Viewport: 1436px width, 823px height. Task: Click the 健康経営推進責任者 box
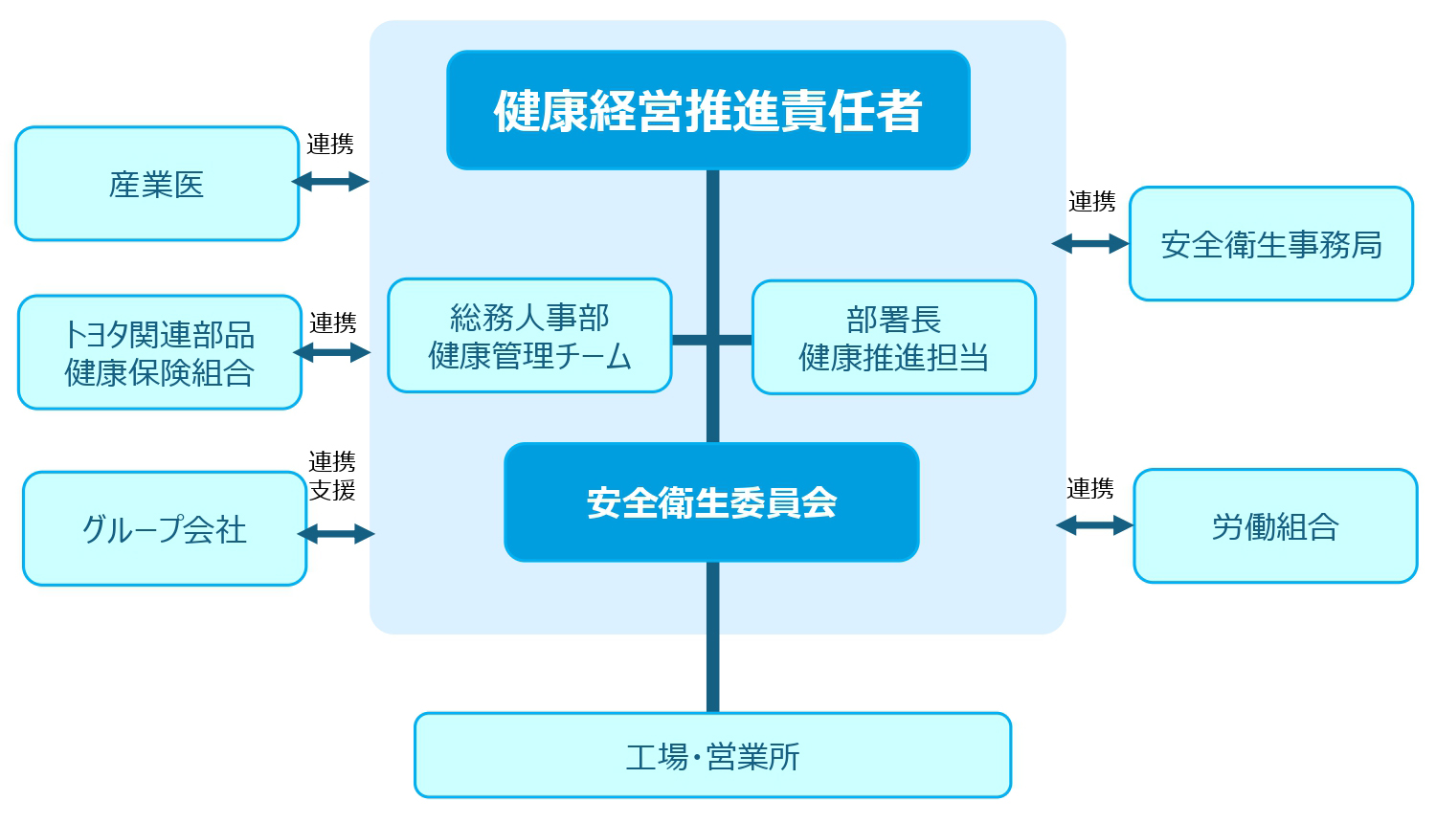click(x=708, y=110)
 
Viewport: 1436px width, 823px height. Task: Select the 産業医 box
click(x=157, y=184)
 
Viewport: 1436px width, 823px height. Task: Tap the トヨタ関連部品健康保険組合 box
click(x=160, y=352)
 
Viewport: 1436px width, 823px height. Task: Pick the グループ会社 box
click(x=165, y=528)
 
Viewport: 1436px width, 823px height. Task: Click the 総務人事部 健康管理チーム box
click(x=529, y=336)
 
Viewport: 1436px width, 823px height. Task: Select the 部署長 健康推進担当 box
click(x=894, y=337)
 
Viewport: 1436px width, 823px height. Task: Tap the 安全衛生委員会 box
click(x=711, y=502)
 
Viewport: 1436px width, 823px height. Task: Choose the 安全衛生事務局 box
click(x=1271, y=244)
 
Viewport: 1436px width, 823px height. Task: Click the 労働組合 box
click(x=1275, y=525)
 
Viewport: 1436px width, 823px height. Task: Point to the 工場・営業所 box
click(x=712, y=756)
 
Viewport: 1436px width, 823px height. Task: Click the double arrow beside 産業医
click(x=330, y=181)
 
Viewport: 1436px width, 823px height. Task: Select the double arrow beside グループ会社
click(x=336, y=534)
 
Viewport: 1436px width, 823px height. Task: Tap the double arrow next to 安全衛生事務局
click(x=1090, y=244)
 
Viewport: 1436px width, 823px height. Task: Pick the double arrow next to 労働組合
click(x=1094, y=524)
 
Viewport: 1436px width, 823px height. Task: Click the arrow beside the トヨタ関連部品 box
click(x=332, y=352)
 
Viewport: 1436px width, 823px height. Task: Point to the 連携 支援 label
click(x=332, y=476)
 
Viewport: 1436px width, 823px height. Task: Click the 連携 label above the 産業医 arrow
click(x=330, y=145)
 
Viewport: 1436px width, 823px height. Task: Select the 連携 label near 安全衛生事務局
click(x=1092, y=202)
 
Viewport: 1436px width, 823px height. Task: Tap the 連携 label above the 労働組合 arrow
click(x=1090, y=489)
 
